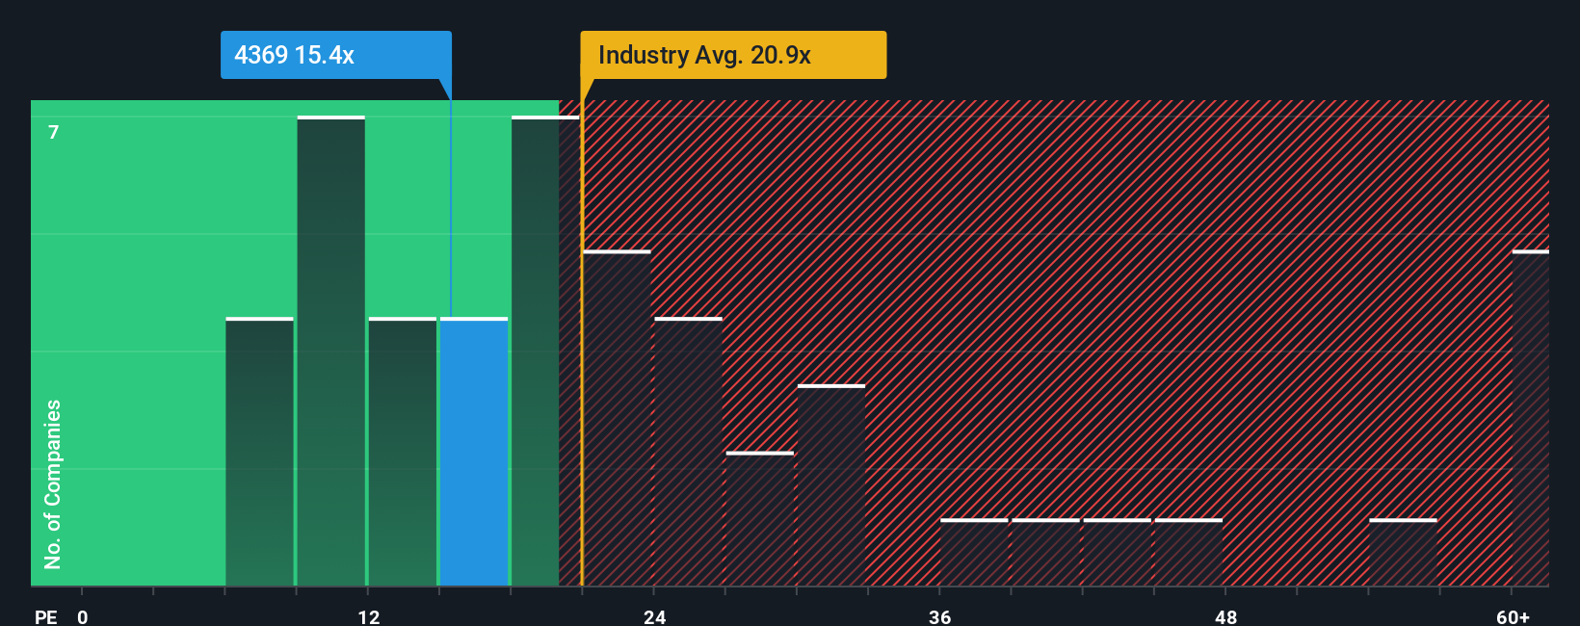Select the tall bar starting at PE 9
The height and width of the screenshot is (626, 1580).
pyautogui.click(x=330, y=351)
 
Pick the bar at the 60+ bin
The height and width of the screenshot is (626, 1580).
pyautogui.click(x=1530, y=418)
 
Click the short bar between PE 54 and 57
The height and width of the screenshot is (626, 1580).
pyautogui.click(x=1403, y=553)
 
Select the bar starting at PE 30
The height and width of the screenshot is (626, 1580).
pyautogui.click(x=831, y=485)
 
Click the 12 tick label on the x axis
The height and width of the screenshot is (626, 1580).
pyautogui.click(x=368, y=616)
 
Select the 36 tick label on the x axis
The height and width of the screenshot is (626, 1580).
pyautogui.click(x=939, y=616)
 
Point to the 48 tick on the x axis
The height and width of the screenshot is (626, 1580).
pyautogui.click(x=1225, y=616)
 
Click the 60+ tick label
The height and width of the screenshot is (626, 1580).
pyautogui.click(x=1513, y=616)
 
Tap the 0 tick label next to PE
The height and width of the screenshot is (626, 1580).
pyautogui.click(x=83, y=616)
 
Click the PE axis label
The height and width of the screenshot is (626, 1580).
pyautogui.click(x=45, y=616)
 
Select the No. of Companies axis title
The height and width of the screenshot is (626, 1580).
pyautogui.click(x=53, y=483)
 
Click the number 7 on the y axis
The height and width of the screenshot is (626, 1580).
pyautogui.click(x=54, y=132)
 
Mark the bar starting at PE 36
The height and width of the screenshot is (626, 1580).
pyautogui.click(x=974, y=553)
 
